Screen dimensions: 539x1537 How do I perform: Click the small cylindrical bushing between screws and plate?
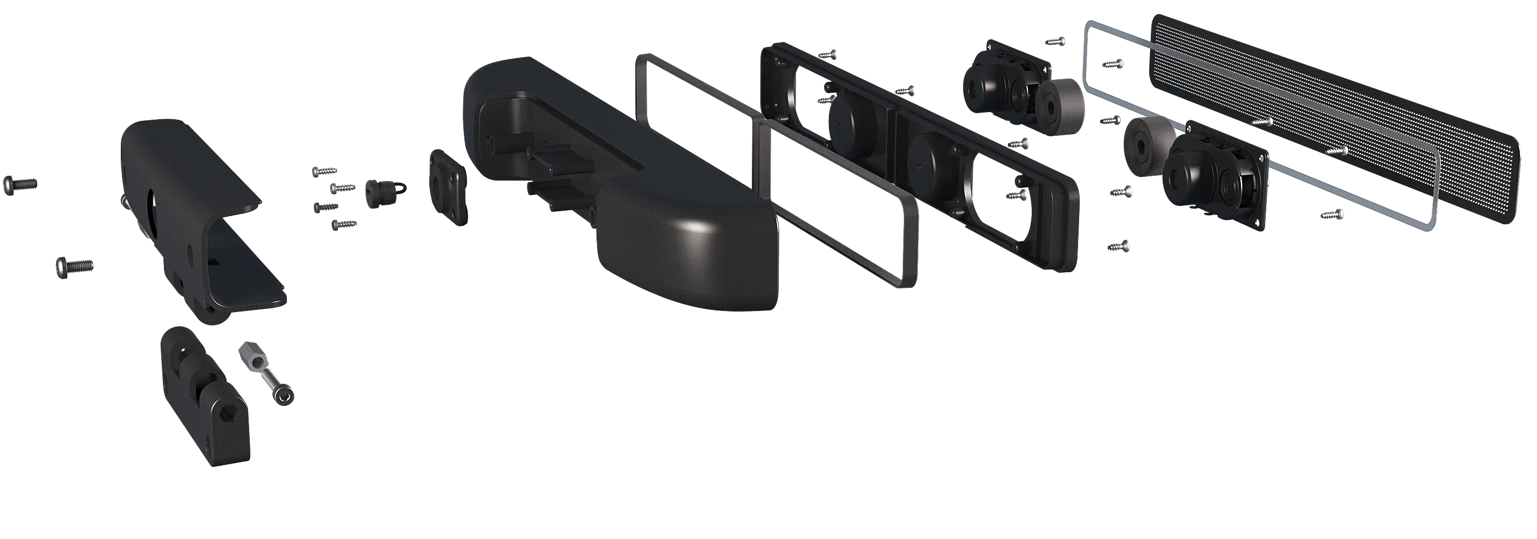(x=378, y=192)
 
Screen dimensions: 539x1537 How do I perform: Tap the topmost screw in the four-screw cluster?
(x=324, y=171)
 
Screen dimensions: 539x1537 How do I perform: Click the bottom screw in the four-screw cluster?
(x=343, y=224)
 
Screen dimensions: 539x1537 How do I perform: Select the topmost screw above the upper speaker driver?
(x=1055, y=42)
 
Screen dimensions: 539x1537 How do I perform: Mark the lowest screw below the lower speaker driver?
(x=1118, y=245)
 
